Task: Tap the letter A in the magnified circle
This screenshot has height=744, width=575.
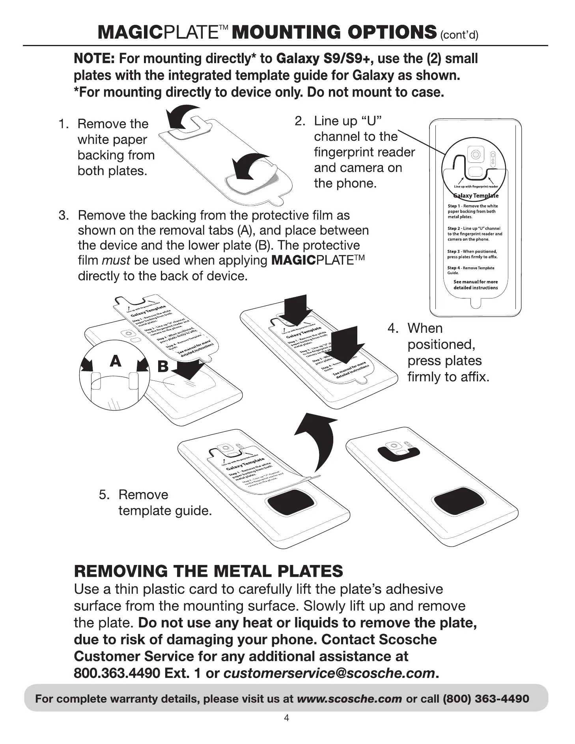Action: [x=115, y=361]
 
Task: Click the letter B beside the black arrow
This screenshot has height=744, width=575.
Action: [x=162, y=367]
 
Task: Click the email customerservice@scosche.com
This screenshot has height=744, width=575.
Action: [x=329, y=673]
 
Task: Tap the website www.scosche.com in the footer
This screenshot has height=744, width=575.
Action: [x=349, y=699]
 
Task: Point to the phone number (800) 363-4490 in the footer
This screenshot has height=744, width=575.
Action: [x=486, y=699]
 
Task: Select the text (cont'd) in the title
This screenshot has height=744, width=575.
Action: [x=459, y=35]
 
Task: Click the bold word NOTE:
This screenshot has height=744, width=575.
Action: [x=94, y=59]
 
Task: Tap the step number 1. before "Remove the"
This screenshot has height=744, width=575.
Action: [x=64, y=124]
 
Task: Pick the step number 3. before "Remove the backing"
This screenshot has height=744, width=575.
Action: [x=64, y=215]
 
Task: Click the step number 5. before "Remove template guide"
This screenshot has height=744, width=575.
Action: [x=104, y=495]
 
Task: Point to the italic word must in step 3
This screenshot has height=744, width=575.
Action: [x=116, y=260]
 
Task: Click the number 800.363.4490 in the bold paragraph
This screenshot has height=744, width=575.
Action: [x=117, y=673]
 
